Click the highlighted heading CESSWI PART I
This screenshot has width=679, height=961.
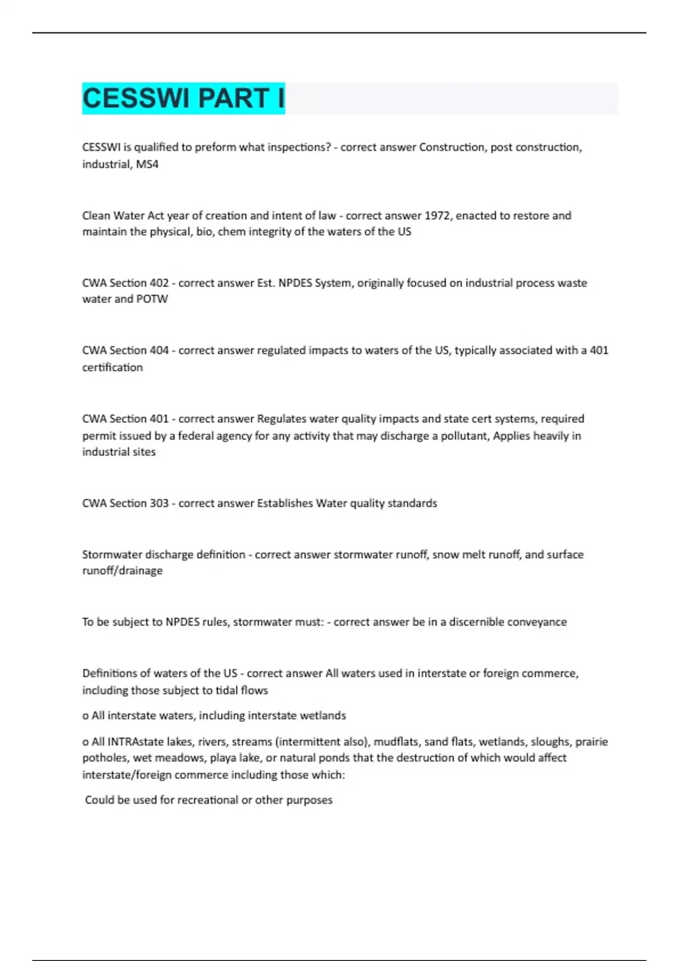click(x=183, y=98)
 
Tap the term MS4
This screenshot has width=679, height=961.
click(x=147, y=165)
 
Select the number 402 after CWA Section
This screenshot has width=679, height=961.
click(x=159, y=283)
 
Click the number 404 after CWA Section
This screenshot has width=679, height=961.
click(x=159, y=350)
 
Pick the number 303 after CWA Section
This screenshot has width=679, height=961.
click(x=159, y=503)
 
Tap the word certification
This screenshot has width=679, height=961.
click(x=113, y=367)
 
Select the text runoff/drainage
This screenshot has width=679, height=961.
click(x=122, y=571)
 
